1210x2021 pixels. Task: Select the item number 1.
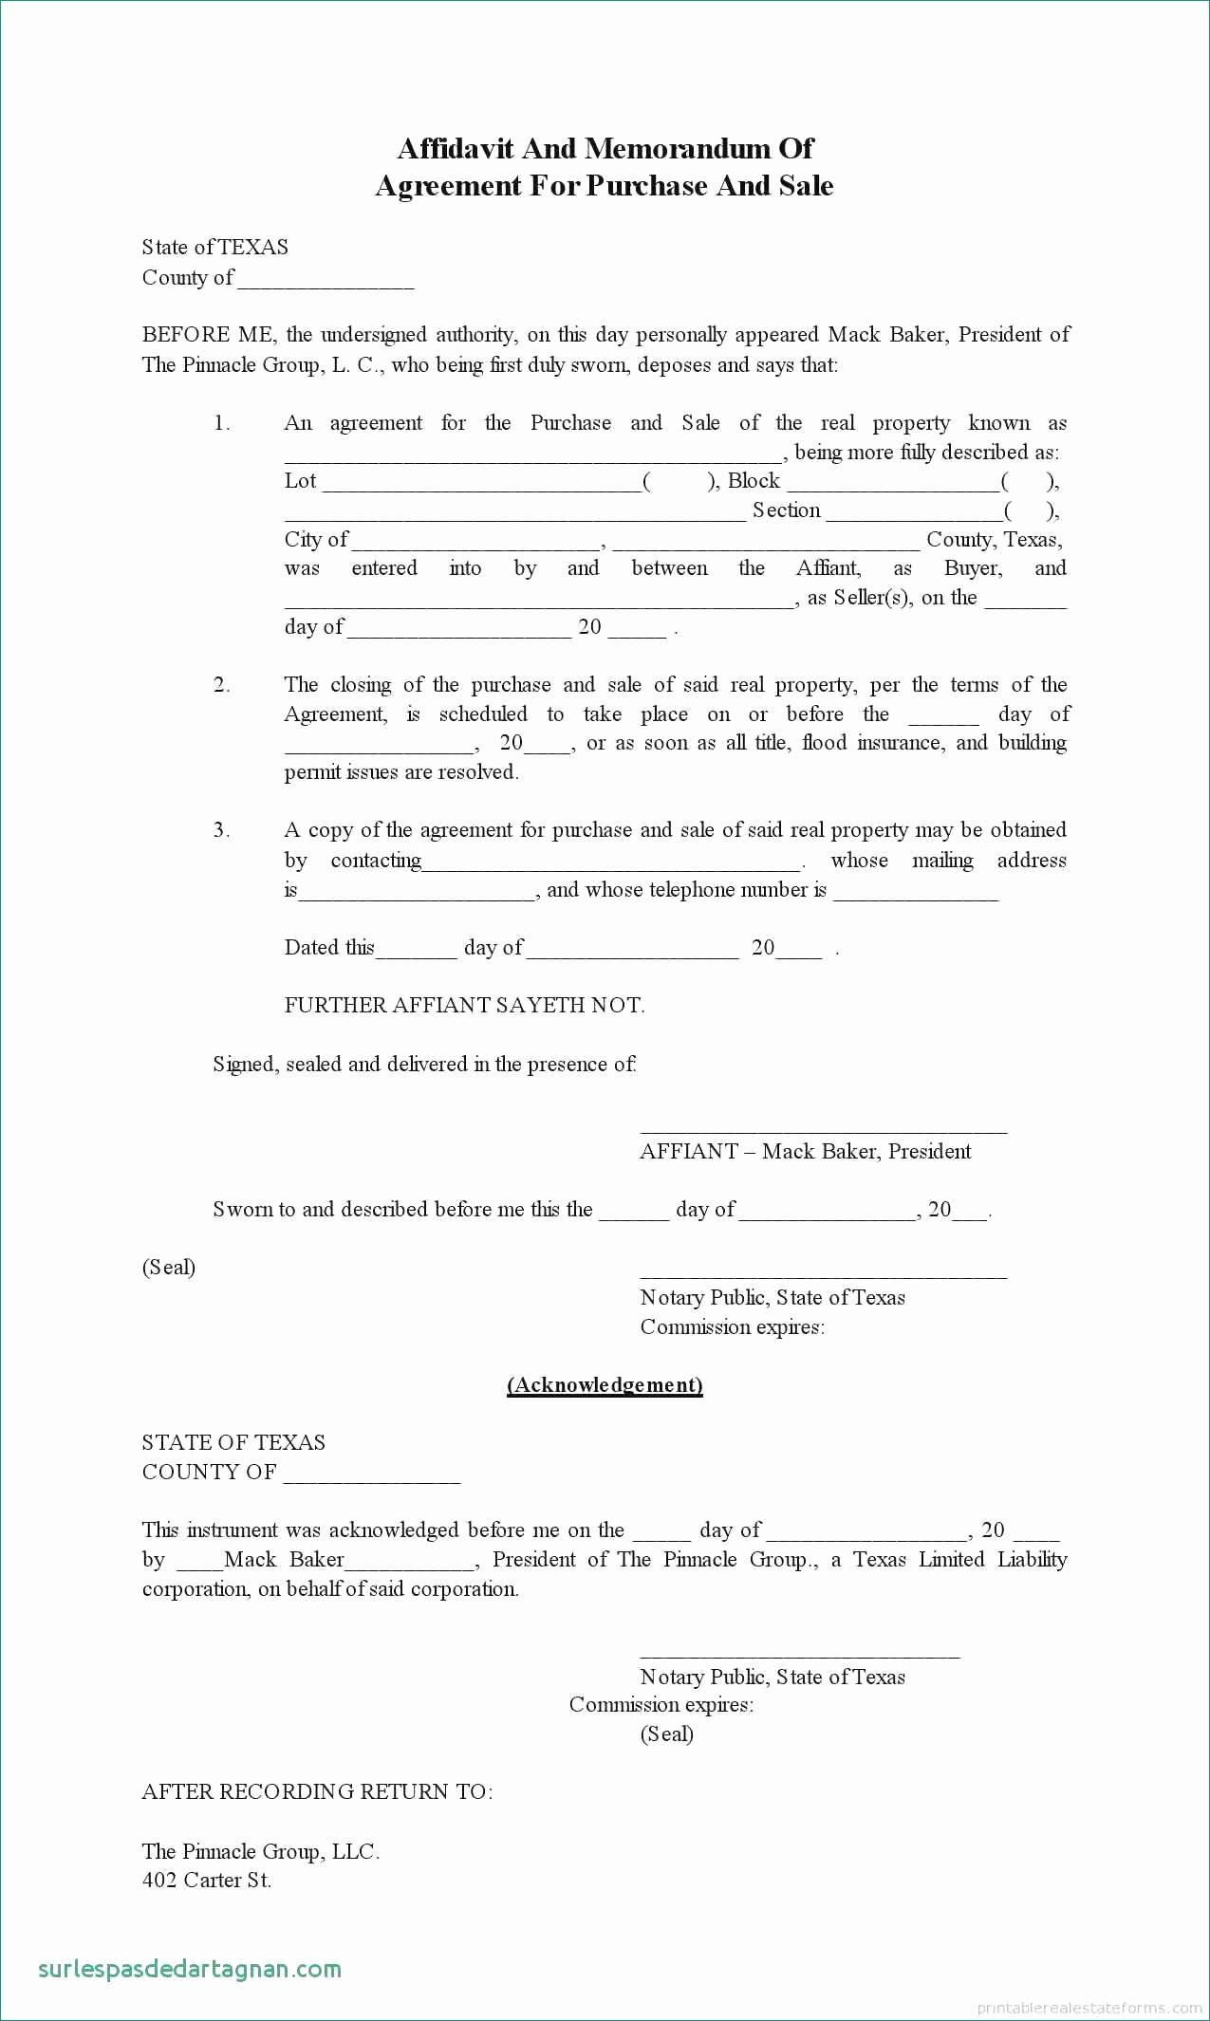click(x=221, y=423)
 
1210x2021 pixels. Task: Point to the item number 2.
click(x=221, y=685)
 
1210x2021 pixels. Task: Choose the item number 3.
click(x=221, y=830)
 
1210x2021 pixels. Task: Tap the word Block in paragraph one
click(x=754, y=481)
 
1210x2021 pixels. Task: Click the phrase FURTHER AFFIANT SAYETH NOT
click(x=464, y=1006)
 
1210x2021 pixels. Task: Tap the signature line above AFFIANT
click(x=824, y=1129)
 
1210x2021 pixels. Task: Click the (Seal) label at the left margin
click(x=169, y=1268)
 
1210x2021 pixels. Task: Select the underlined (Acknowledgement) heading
click(x=605, y=1385)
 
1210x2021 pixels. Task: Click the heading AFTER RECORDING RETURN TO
click(x=317, y=1791)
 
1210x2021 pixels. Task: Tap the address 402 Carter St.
click(x=207, y=1880)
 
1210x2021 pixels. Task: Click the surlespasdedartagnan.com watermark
click(x=190, y=1969)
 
